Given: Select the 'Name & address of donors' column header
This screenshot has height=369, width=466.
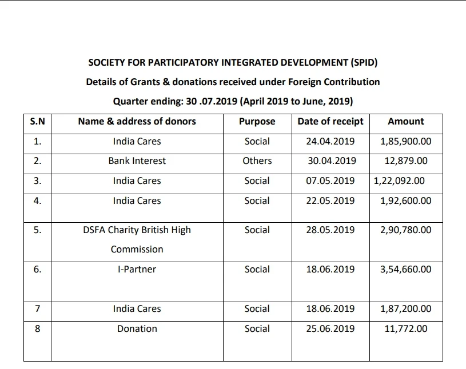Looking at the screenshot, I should coord(137,121).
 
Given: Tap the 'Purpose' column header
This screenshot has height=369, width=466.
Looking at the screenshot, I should coord(257,121).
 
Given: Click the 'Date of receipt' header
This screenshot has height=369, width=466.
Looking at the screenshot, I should coord(330,121).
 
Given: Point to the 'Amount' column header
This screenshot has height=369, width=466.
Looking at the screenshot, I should coord(405,121).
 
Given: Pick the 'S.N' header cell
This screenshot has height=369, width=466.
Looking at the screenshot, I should coord(37,121).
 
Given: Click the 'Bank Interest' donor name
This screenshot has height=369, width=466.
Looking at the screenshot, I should coord(137,161).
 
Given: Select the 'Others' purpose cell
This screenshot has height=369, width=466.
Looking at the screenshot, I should coord(257,161).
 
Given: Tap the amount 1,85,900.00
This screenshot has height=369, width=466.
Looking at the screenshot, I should coord(405,141).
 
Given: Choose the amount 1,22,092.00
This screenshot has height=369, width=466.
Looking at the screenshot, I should coord(399,181).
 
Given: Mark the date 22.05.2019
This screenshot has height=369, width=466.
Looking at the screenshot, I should coord(330,200).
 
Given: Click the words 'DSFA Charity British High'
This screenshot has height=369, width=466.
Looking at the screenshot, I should coord(137,230).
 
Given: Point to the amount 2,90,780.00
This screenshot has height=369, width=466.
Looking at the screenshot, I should coord(405,230).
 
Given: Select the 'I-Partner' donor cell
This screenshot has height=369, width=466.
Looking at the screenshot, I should coord(137,269).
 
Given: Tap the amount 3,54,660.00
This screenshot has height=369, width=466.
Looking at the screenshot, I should coord(405,269).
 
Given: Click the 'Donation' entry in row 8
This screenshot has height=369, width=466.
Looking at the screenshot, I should coord(137,328).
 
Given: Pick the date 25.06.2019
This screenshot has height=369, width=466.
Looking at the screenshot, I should coord(330,328).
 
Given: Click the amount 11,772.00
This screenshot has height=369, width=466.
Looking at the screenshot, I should coord(405,328).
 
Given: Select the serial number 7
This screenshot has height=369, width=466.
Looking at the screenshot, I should coord(37,308).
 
